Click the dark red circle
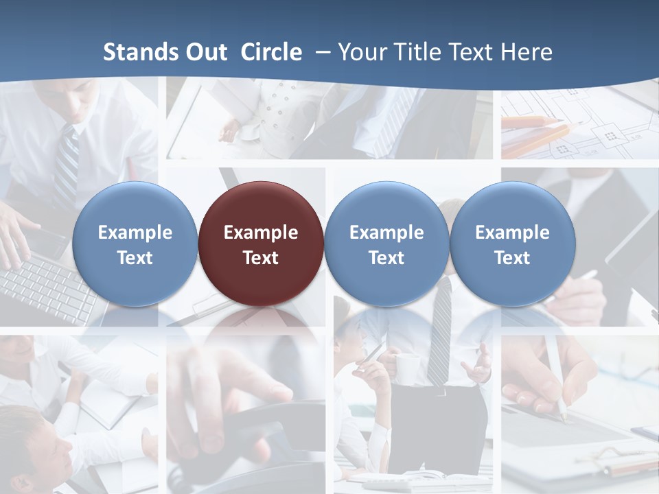[260, 244]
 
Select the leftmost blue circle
[135, 244]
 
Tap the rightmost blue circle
[512, 244]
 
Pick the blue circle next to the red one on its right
[386, 244]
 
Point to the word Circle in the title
[271, 52]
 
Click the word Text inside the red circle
[261, 258]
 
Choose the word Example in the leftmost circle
[135, 233]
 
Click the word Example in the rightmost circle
[512, 233]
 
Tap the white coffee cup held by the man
[406, 368]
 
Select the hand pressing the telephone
[227, 384]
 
